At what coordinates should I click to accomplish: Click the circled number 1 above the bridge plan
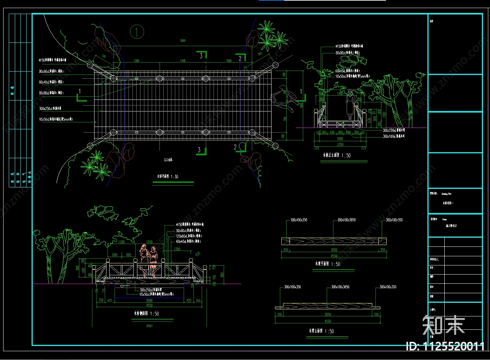click(x=137, y=32)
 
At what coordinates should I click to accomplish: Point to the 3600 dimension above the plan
click(x=183, y=41)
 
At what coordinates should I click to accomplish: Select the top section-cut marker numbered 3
click(x=201, y=55)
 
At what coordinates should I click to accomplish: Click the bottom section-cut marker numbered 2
click(x=236, y=147)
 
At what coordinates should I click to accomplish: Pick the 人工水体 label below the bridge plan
click(x=168, y=160)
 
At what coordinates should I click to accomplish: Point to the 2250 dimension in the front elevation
click(x=340, y=144)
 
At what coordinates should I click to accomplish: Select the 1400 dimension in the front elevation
click(x=340, y=94)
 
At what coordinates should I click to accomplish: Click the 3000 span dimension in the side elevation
click(x=149, y=301)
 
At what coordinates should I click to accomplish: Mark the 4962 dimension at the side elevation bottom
click(x=149, y=326)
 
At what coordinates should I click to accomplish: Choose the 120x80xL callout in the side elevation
click(x=188, y=236)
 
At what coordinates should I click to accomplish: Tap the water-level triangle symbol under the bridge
click(x=122, y=287)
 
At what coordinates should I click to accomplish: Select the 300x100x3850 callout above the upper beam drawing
click(x=346, y=220)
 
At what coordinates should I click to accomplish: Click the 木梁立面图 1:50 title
click(x=321, y=331)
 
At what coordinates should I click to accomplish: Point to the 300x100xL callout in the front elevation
click(x=393, y=136)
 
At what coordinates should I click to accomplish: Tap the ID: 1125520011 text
click(x=445, y=347)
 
